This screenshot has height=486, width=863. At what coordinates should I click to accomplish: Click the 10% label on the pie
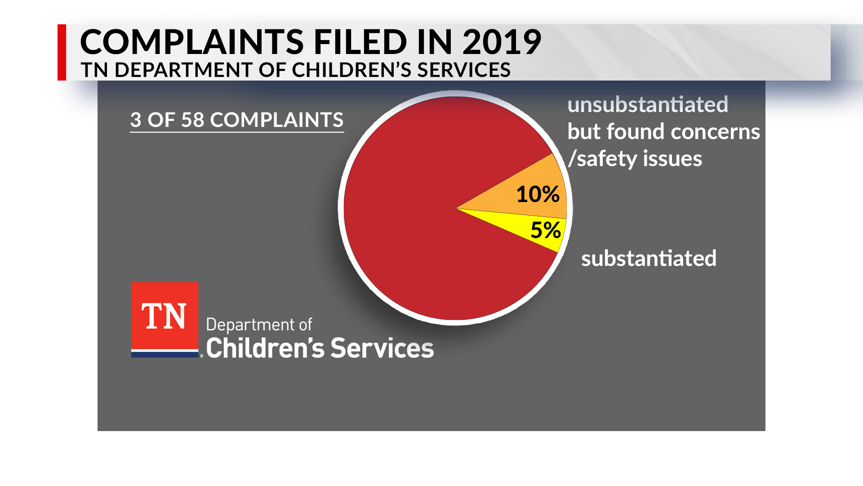538,194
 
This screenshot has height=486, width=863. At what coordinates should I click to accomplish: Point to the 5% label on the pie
546,230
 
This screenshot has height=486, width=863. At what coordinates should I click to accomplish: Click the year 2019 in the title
502,42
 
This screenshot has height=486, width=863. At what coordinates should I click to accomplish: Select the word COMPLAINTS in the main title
192,42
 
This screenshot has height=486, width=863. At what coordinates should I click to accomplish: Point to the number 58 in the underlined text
192,120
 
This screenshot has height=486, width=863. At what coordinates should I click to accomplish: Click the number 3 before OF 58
136,120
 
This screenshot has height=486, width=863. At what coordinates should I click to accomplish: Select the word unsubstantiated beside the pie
647,105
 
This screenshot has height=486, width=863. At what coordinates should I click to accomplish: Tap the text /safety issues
635,159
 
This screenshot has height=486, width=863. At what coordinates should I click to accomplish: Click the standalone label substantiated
649,259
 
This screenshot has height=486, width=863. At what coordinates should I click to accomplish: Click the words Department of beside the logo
259,325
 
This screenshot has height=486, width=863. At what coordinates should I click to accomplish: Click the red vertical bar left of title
62,52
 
